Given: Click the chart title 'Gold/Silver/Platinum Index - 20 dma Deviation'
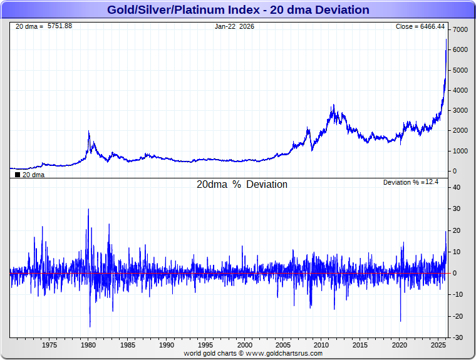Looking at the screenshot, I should (238, 10).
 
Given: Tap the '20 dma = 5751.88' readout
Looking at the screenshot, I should (44, 26).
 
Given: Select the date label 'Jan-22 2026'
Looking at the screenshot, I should (234, 26).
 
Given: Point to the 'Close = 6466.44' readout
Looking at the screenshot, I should (420, 26).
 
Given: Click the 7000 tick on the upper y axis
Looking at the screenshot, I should (460, 30).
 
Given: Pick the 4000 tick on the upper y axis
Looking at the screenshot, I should (460, 91).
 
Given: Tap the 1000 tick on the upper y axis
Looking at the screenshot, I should (460, 151).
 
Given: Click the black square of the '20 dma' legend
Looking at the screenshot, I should (17, 175).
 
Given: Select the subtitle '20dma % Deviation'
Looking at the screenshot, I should (242, 185).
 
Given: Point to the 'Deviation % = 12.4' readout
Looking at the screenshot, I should (411, 182).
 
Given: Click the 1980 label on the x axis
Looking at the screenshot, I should (88, 345).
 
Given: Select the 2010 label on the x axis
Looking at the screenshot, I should (321, 345).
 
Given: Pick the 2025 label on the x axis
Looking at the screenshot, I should (438, 345).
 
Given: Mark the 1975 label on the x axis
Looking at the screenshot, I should (49, 345).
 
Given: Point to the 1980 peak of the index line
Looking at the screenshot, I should (89, 131).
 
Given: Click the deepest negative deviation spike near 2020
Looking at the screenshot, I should (400, 321).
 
